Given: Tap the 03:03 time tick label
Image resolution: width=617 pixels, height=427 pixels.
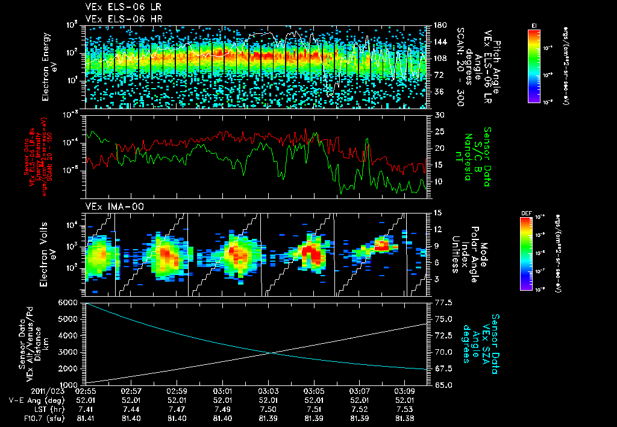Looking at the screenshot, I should [269, 391].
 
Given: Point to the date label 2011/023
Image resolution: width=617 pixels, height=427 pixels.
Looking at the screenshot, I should [26, 391].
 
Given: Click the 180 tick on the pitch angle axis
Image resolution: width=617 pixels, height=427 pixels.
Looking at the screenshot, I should [439, 25].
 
